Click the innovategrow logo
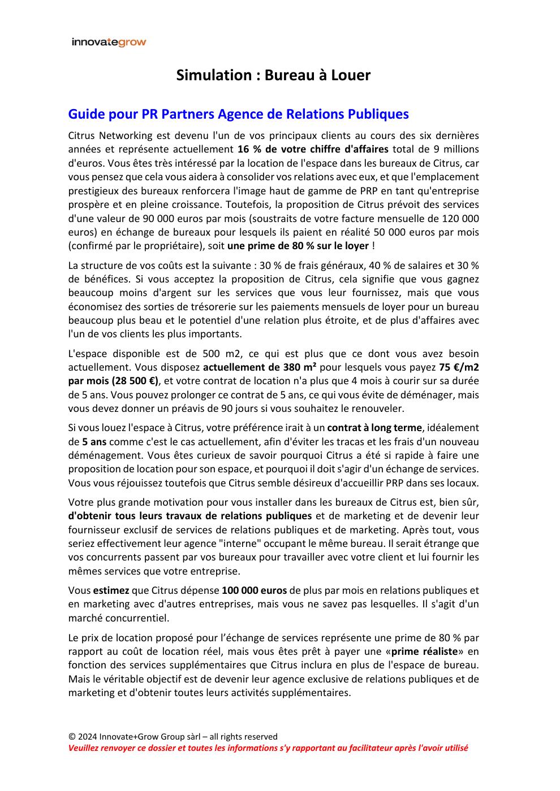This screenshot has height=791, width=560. (x=109, y=42)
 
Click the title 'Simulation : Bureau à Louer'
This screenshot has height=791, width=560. (x=273, y=75)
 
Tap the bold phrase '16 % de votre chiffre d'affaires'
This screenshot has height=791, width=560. (x=312, y=149)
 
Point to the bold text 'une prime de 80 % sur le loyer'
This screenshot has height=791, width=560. (x=298, y=246)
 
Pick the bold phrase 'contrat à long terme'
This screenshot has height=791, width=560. (x=374, y=428)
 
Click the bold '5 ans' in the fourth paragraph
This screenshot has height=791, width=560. (x=94, y=442)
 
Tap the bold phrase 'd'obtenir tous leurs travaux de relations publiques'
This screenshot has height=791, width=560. (x=190, y=516)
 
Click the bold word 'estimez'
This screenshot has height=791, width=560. (x=111, y=590)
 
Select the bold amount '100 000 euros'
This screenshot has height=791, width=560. (x=254, y=590)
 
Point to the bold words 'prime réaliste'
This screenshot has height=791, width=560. (x=424, y=651)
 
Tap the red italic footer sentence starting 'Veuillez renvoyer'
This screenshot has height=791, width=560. (x=268, y=748)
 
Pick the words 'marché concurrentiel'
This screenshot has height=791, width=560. (x=118, y=618)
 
